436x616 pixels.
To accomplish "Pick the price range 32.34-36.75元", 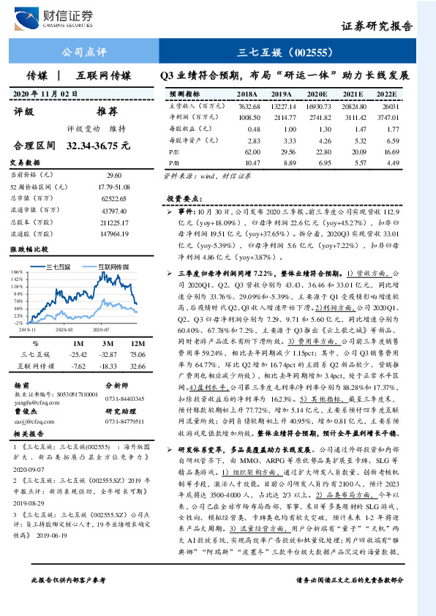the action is [98, 146].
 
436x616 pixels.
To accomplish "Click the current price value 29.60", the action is [114, 176].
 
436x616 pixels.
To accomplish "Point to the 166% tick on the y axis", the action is [17, 273].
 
